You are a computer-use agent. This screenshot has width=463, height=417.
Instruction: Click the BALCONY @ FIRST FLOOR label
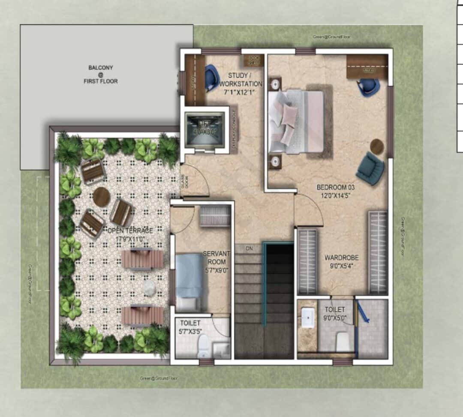pos(101,74)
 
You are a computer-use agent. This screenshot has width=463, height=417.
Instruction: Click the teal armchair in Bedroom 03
pos(370,169)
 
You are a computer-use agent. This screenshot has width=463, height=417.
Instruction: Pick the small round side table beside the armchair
pos(377,147)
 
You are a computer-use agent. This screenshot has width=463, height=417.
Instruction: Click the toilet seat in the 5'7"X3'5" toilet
pos(203,345)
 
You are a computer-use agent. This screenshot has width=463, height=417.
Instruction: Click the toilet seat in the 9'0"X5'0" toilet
pos(343,342)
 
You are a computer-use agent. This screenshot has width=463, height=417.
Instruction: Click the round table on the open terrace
pos(102,197)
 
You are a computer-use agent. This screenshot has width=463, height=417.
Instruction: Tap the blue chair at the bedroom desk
pos(369,87)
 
